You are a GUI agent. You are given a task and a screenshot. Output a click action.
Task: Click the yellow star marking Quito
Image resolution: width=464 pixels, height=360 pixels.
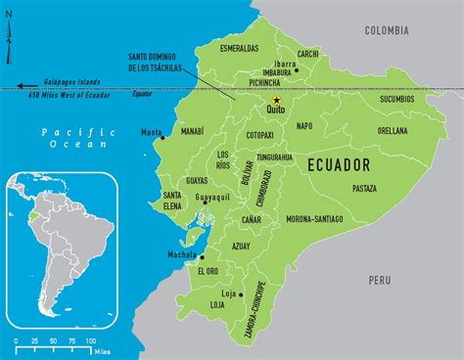[x=277, y=100]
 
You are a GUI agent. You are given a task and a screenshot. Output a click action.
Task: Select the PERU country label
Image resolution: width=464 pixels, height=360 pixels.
[x=380, y=280]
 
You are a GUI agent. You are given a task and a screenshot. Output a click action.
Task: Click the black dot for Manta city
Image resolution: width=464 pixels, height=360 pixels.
[x=163, y=137]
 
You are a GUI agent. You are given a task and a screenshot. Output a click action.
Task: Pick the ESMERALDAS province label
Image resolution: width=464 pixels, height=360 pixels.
[x=239, y=46]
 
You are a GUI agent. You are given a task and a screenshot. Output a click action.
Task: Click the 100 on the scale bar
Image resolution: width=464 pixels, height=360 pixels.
[x=90, y=339]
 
